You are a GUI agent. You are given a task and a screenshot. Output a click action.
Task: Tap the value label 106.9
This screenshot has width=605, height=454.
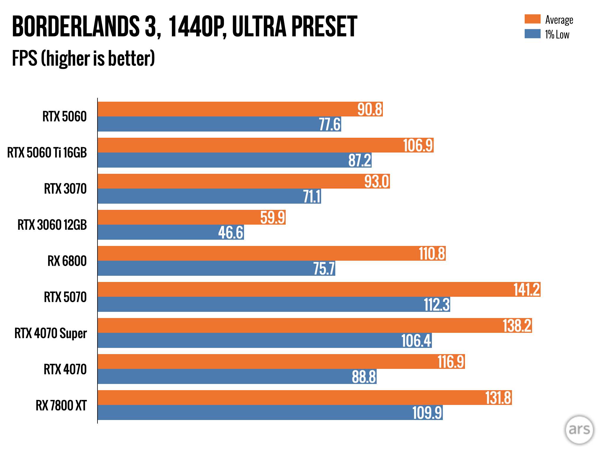pyautogui.click(x=418, y=145)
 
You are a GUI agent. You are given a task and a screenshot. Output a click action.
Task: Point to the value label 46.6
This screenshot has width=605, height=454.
pyautogui.click(x=231, y=233)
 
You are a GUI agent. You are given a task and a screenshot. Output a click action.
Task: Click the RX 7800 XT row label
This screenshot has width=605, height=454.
pyautogui.click(x=61, y=405)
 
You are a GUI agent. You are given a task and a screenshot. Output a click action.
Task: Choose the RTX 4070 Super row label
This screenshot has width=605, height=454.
pyautogui.click(x=51, y=333)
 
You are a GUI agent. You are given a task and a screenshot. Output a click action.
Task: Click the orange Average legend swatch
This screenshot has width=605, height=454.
pyautogui.click(x=532, y=19)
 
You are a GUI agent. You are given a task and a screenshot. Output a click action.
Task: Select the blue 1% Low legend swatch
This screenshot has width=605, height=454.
pyautogui.click(x=532, y=34)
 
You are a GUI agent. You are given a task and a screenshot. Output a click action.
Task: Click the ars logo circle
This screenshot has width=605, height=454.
pyautogui.click(x=579, y=429)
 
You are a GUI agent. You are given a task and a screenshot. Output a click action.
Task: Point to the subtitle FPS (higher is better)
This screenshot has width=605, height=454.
pyautogui.click(x=83, y=58)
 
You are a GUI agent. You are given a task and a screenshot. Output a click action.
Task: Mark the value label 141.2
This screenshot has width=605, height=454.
pyautogui.click(x=526, y=290)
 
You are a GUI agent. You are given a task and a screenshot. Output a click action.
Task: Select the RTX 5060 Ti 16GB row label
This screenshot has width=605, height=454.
pyautogui.click(x=47, y=153)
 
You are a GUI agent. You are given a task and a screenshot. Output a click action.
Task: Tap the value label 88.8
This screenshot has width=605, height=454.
pyautogui.click(x=364, y=377)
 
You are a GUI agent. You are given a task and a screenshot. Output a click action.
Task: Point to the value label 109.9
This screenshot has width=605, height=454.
pyautogui.click(x=427, y=413)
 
